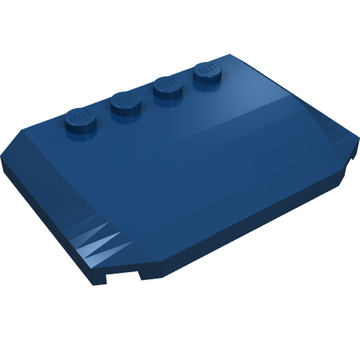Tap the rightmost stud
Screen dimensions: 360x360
point(207,73)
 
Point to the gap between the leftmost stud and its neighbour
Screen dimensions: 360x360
point(102,114)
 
